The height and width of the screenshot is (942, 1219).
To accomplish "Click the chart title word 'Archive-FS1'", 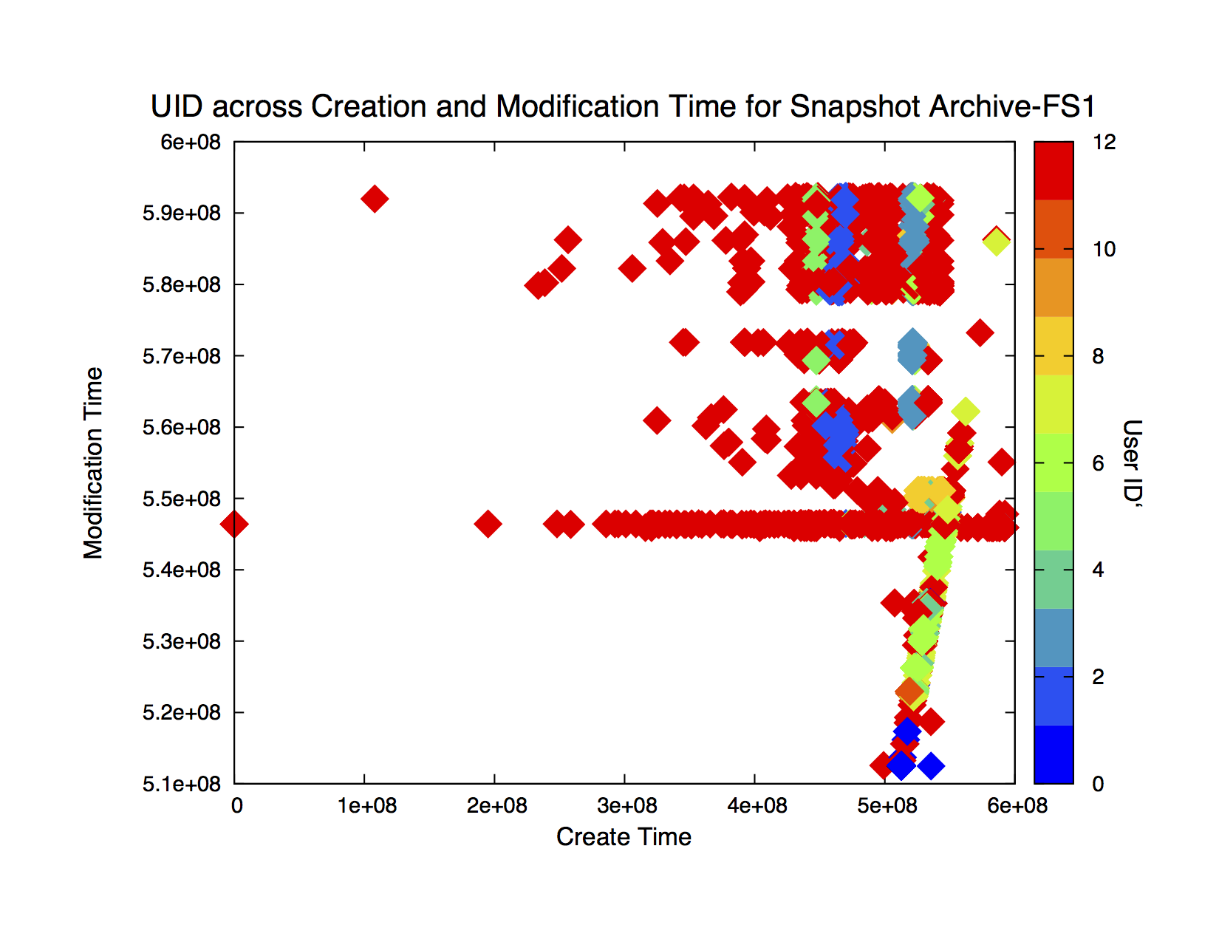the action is [1011, 106].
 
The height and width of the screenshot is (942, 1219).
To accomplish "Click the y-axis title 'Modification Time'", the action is [93, 463].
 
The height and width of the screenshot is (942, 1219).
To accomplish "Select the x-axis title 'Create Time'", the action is [624, 836].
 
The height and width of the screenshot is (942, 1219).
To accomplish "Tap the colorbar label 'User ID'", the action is [1132, 463].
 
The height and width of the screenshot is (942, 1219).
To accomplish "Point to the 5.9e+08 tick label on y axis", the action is [181, 214].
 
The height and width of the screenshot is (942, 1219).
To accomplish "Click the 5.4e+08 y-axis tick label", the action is [181, 570].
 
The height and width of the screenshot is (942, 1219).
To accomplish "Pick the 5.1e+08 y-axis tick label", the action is [181, 784].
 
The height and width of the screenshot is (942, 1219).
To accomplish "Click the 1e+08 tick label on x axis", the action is [366, 805].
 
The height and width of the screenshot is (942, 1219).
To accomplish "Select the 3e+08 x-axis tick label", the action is [626, 805].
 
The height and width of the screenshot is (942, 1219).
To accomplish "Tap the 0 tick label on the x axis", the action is [236, 805].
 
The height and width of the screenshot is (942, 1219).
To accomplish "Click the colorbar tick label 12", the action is [1104, 142].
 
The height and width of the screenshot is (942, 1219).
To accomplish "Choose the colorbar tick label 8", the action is [1098, 355].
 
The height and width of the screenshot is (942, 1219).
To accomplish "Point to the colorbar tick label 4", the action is [1098, 570].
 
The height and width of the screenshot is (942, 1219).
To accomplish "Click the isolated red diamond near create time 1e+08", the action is [374, 199].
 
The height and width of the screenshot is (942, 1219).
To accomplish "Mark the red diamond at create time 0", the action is [234, 525].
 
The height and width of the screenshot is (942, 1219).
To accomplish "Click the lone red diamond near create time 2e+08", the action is [488, 524].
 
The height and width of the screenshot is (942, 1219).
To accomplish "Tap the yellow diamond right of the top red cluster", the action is [997, 242].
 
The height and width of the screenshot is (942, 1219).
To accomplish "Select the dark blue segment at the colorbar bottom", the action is [1054, 754].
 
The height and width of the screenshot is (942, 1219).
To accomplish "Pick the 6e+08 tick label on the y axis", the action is [190, 142].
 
